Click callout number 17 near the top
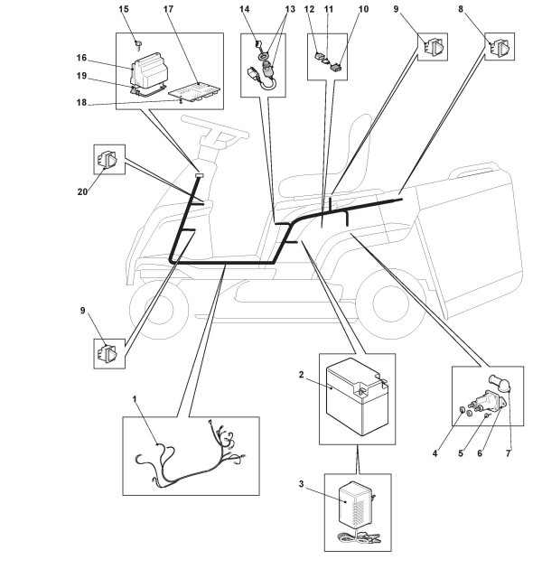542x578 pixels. (168, 9)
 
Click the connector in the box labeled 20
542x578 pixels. (106, 161)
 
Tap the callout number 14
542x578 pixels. (244, 9)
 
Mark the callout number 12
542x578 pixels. (308, 9)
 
